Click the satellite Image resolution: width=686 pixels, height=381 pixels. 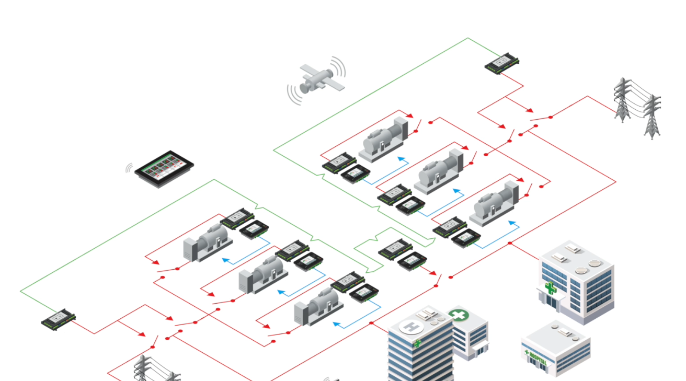click(316, 79)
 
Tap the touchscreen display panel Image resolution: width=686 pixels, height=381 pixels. click(164, 167)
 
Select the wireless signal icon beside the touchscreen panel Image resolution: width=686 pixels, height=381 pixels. click(129, 168)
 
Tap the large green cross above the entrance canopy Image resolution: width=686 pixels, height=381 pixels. click(550, 287)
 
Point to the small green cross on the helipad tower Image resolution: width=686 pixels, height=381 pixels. click(418, 343)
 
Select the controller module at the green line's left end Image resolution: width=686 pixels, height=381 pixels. click(59, 319)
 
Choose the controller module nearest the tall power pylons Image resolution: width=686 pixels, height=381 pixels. click(502, 63)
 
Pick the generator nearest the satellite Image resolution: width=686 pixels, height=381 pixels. click(383, 138)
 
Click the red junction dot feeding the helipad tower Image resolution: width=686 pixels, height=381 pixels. click(371, 323)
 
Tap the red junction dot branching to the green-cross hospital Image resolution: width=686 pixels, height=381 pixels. click(510, 243)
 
